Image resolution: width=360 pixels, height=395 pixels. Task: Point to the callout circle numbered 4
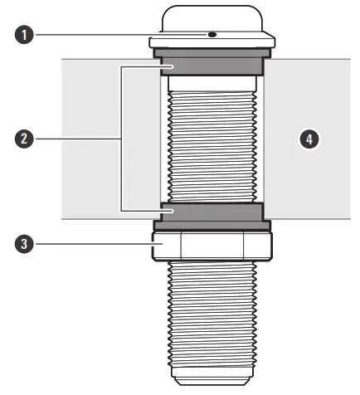tap(309, 139)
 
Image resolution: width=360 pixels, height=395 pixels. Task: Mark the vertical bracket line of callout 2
tap(122, 139)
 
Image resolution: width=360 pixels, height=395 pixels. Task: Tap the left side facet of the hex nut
tap(165, 246)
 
